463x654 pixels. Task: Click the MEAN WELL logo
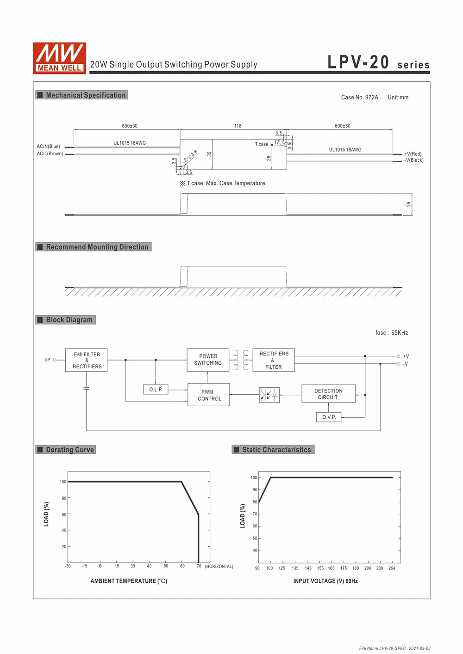[x=59, y=58]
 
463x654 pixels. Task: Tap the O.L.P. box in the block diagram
[x=156, y=390]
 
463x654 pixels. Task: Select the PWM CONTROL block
[x=208, y=395]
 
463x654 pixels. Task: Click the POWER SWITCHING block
[x=208, y=360]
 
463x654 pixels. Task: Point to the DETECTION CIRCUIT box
[x=328, y=394]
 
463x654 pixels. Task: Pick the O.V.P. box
[x=329, y=417]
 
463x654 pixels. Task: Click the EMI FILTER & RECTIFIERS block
[x=87, y=360]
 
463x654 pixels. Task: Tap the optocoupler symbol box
[x=269, y=395]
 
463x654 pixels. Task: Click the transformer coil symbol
[x=241, y=360]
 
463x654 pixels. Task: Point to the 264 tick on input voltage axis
[x=392, y=568]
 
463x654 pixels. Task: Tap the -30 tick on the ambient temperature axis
[x=68, y=566]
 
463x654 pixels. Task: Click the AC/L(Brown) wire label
[x=50, y=154]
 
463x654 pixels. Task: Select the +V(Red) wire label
[x=413, y=154]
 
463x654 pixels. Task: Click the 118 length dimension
[x=238, y=126]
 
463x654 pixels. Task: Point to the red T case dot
[x=272, y=145]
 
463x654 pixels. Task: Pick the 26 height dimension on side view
[x=408, y=204]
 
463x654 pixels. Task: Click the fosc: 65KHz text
[x=391, y=333]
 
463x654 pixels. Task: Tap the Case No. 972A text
[x=359, y=98]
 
